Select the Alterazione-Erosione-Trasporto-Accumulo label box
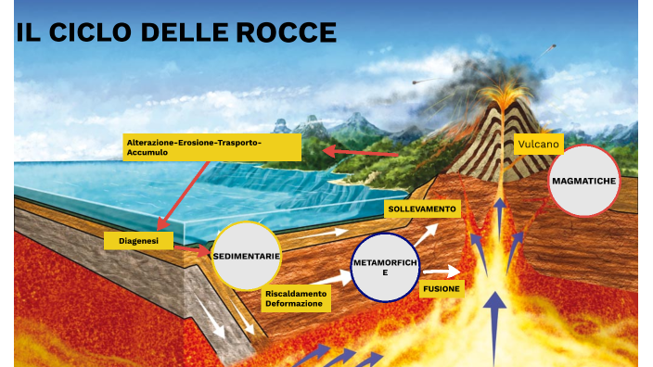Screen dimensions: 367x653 [x=212, y=146]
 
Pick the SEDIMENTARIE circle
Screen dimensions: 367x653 [x=246, y=256]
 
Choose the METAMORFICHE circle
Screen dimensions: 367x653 [x=386, y=268]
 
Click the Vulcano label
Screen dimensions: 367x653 [x=539, y=145]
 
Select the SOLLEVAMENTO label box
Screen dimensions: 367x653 [x=422, y=209]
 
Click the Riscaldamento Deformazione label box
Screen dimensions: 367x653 [x=297, y=298]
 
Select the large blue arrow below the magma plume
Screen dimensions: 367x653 [x=496, y=324]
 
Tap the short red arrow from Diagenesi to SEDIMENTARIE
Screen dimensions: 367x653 [x=198, y=248]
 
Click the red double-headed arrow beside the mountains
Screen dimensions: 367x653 [x=361, y=151]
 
